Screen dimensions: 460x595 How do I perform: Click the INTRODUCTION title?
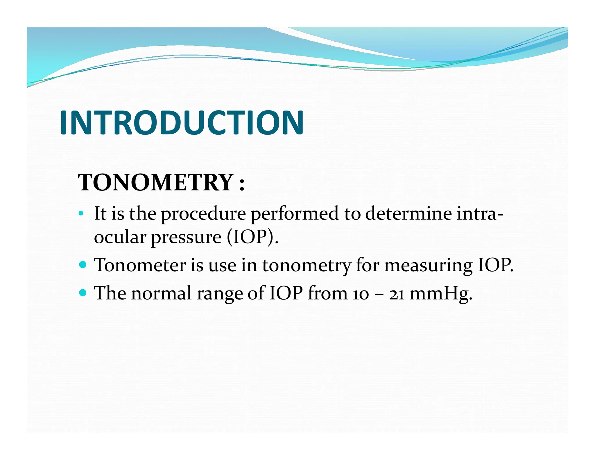coord(182,123)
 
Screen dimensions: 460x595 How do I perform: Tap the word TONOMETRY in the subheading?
coord(156,182)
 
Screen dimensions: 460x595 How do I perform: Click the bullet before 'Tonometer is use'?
coord(83,265)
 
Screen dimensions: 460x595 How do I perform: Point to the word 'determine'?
coord(408,214)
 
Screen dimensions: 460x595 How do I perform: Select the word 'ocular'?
coord(120,237)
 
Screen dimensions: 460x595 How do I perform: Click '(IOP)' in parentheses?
coord(252,237)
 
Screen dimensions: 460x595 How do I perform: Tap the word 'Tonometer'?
coord(140,265)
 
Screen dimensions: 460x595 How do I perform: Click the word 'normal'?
coord(161,293)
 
